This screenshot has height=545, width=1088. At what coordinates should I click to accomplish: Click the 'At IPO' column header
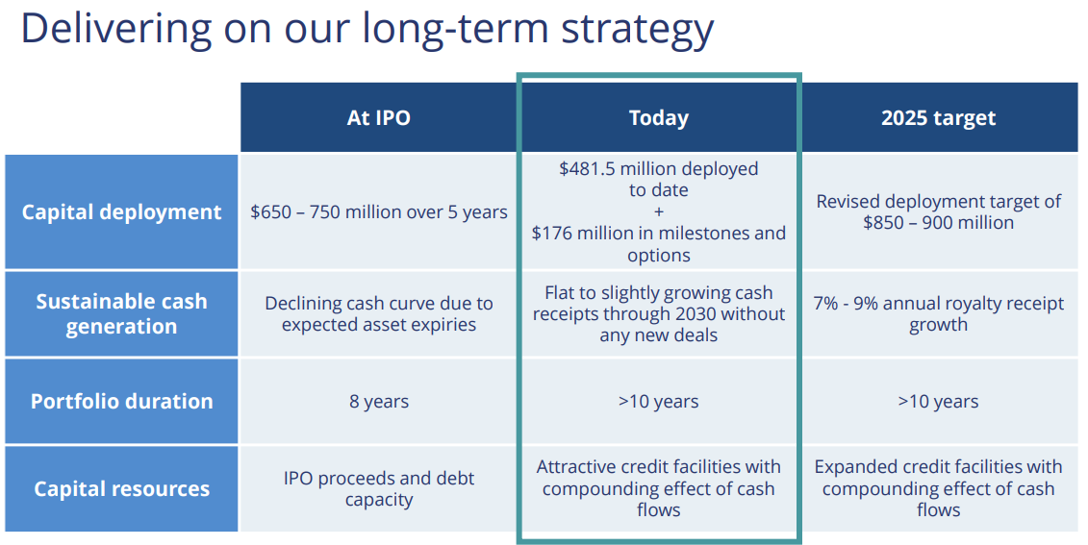pyautogui.click(x=378, y=118)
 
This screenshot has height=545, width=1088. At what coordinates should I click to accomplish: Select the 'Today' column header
pyautogui.click(x=659, y=118)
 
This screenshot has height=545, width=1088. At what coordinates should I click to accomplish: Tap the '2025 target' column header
pyautogui.click(x=938, y=118)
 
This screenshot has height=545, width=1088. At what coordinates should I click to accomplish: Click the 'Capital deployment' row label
pyautogui.click(x=121, y=212)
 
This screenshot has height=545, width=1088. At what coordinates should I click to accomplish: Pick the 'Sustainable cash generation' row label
pyautogui.click(x=121, y=314)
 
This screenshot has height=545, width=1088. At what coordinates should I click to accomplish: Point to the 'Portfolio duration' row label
pyautogui.click(x=121, y=402)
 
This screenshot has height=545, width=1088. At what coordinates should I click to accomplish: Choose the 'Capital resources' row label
pyautogui.click(x=121, y=489)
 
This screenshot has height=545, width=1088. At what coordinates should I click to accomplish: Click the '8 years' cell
pyautogui.click(x=379, y=402)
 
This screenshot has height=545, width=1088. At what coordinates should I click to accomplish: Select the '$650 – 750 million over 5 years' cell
pyautogui.click(x=379, y=212)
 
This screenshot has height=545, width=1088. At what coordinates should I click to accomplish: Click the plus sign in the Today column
pyautogui.click(x=659, y=212)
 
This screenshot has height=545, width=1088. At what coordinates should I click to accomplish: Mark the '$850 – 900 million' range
pyautogui.click(x=938, y=223)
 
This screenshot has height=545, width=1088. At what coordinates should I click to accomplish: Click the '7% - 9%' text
pyautogui.click(x=848, y=304)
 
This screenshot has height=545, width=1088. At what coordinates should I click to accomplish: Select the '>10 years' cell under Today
pyautogui.click(x=659, y=402)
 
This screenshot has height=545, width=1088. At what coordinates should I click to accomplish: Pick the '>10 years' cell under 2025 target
pyautogui.click(x=938, y=402)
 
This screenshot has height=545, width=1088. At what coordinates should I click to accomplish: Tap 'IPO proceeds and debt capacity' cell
pyautogui.click(x=379, y=489)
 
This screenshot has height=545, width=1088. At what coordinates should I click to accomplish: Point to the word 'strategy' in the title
pyautogui.click(x=637, y=31)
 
